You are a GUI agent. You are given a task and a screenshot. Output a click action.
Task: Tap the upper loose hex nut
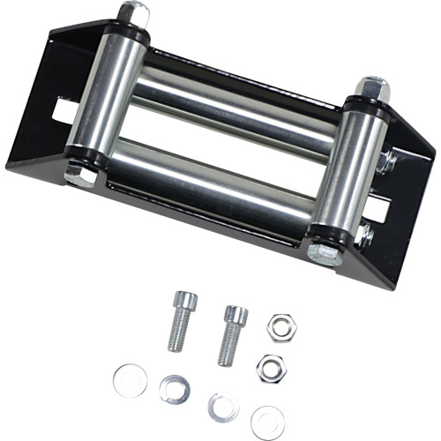tap(282, 326)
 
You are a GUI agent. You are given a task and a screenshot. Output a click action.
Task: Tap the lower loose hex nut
tap(270, 367)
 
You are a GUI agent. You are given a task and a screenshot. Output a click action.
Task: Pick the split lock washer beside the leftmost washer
tap(175, 388)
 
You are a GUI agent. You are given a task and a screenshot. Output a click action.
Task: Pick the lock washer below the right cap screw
tap(222, 406)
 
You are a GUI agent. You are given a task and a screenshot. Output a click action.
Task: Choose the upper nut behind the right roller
tap(385, 163)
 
